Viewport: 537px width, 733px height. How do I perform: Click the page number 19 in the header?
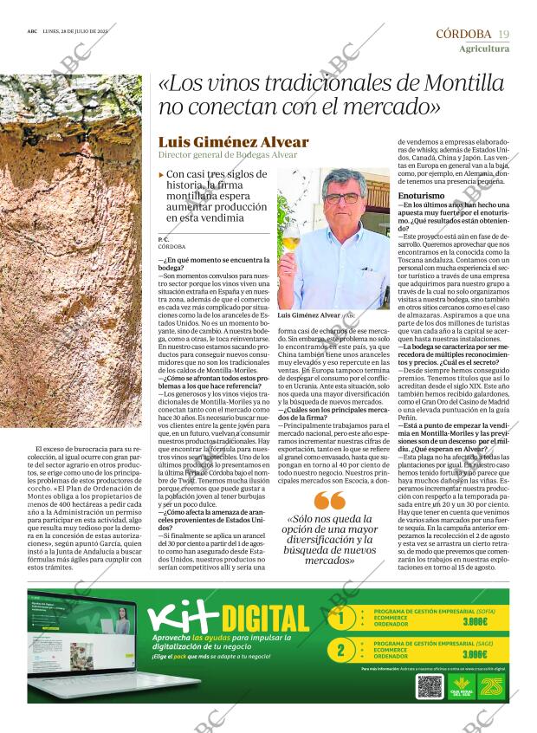(x=503, y=34)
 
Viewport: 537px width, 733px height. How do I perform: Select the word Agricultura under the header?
(x=484, y=49)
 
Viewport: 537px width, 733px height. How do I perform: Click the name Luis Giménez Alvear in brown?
(x=233, y=142)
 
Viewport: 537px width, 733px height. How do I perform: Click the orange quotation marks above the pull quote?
(x=330, y=501)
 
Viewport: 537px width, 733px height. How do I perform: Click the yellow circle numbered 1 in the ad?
(x=341, y=619)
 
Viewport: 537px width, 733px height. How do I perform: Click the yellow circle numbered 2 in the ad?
(x=341, y=650)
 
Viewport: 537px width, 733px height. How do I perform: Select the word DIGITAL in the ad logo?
(x=266, y=619)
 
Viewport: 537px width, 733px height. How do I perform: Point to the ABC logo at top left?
(x=32, y=34)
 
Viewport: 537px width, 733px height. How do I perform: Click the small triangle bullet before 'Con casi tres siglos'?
(x=161, y=175)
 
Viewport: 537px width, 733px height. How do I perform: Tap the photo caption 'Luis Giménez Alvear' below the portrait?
(x=309, y=316)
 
